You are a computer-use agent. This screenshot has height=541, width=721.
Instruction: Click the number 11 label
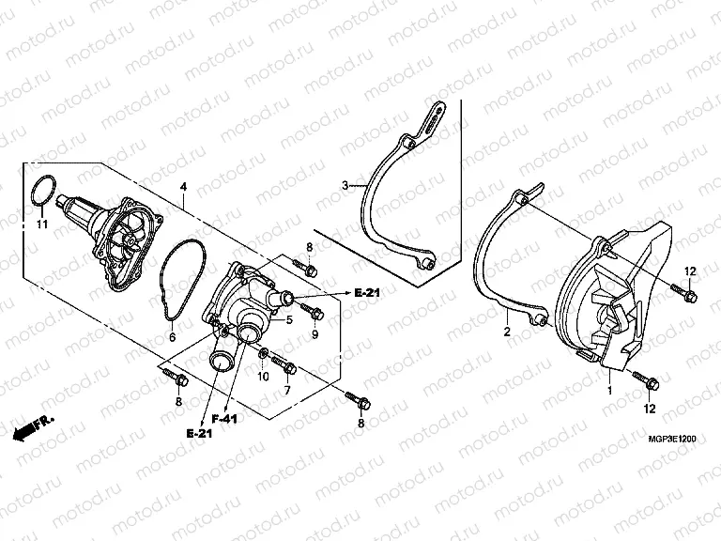40,225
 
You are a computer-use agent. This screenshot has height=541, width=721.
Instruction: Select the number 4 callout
184,187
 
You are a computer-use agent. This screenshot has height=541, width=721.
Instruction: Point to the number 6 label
172,336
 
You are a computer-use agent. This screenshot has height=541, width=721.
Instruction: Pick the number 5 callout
290,319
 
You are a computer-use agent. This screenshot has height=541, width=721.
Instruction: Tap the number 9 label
314,334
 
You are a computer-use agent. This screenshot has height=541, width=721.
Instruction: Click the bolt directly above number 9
314,312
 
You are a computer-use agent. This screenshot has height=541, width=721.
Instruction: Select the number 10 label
264,377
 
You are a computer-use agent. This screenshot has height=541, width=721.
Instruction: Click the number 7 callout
288,389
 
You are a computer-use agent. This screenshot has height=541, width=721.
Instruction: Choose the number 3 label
345,185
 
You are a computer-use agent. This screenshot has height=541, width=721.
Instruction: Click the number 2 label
506,332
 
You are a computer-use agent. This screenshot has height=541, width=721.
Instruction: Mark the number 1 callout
607,389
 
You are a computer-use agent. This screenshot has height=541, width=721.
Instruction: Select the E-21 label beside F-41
199,434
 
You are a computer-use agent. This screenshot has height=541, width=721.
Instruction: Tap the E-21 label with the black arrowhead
367,294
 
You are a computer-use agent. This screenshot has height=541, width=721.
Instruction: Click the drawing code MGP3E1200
670,439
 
